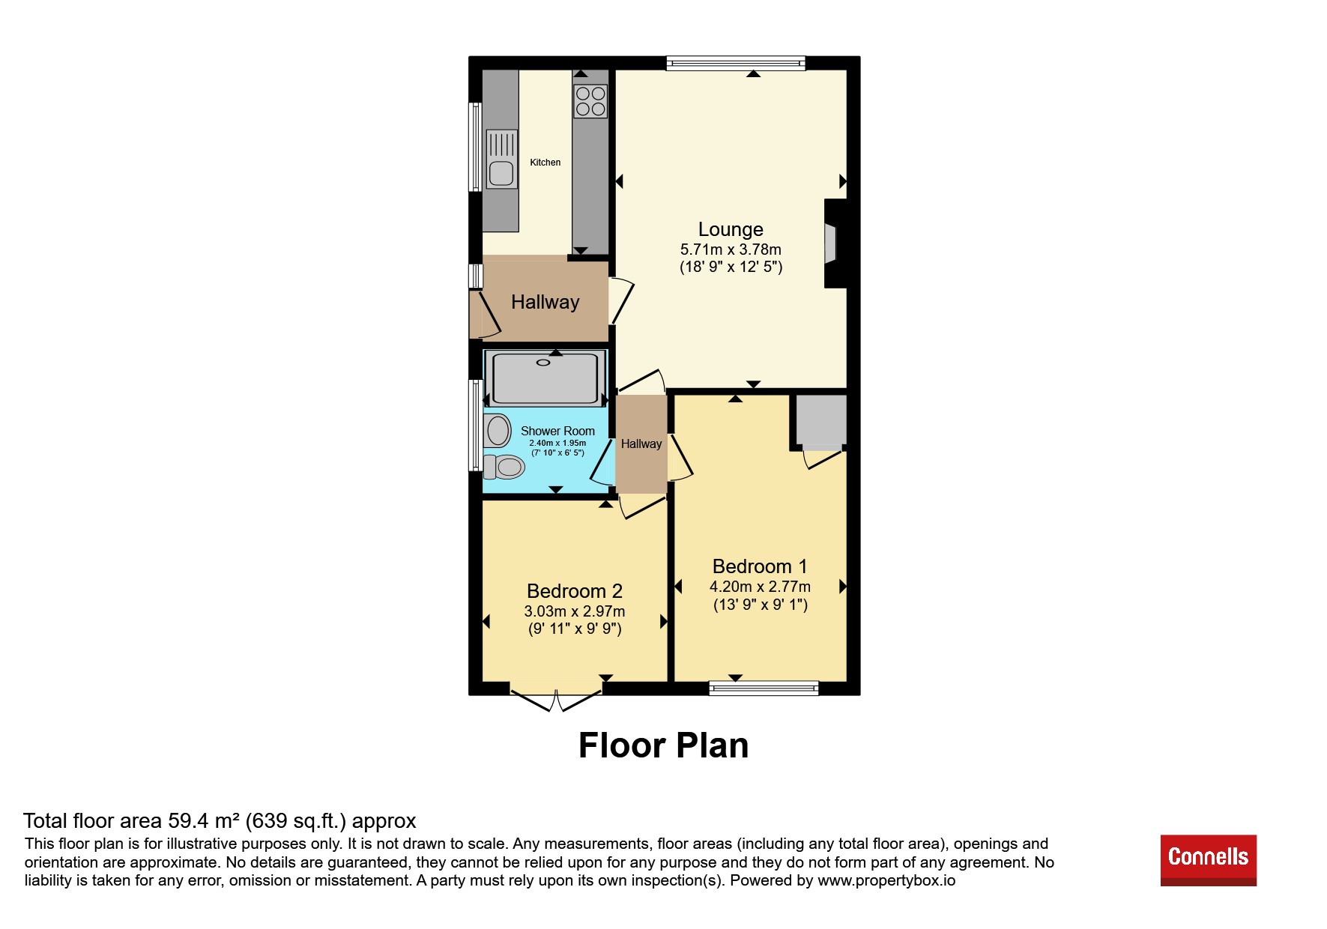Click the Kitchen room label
(545, 163)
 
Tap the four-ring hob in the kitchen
(590, 102)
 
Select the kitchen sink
(501, 160)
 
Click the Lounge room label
(731, 229)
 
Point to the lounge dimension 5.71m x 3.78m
(731, 249)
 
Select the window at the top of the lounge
(736, 63)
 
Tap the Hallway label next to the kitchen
(545, 302)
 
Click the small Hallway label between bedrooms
(641, 444)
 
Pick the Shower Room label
(557, 431)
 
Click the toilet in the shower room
(504, 467)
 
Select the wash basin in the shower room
(498, 432)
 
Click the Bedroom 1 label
(760, 566)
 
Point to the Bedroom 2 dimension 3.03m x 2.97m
(575, 611)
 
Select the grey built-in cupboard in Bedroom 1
(821, 420)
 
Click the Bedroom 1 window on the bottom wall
(764, 688)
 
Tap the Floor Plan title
(664, 745)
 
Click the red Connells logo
(1209, 860)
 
